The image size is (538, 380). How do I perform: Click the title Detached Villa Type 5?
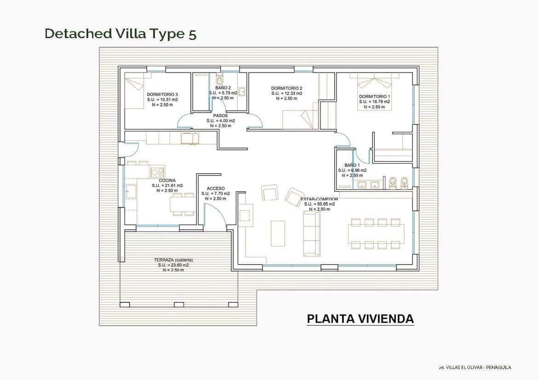coord(120,34)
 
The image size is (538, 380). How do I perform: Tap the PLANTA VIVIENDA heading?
coord(360,319)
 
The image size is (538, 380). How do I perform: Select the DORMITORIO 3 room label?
coord(162,94)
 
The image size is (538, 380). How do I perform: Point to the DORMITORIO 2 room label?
coord(286,88)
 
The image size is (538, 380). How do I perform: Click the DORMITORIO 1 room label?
coord(374,96)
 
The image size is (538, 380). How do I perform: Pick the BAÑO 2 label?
coord(223,87)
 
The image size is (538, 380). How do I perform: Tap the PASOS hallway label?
coord(220,116)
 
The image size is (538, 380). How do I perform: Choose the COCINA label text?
coord(167,181)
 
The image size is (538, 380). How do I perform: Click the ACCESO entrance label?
coord(216,188)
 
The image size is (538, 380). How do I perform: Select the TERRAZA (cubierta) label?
coord(173,260)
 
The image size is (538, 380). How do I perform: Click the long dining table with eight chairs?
coord(376,233)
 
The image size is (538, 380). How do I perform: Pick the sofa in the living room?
coord(312,233)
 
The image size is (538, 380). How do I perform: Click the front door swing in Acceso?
coord(214,216)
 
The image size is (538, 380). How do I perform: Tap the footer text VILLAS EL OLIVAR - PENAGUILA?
coord(478,367)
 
